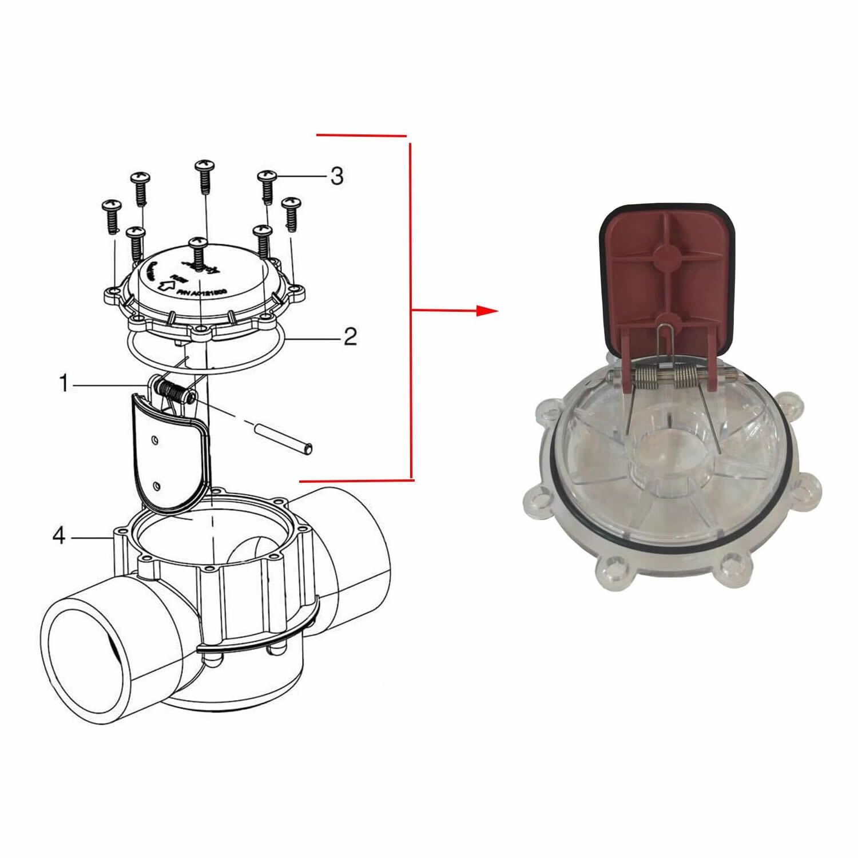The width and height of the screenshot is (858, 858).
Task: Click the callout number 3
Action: tap(337, 176)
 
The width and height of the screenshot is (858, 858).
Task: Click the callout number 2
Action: tap(350, 336)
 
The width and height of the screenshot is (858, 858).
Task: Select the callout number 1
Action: tap(64, 384)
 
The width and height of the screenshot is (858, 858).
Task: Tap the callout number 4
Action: tap(59, 537)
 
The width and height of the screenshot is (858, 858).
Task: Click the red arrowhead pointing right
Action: tap(488, 311)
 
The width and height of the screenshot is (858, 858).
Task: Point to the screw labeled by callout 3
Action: tap(266, 186)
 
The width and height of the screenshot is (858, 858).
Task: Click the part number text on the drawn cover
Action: tap(201, 293)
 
